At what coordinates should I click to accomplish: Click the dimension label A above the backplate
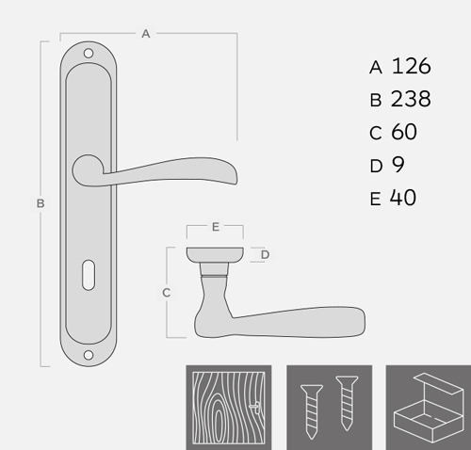[146, 34]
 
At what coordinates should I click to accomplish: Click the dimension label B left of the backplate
[41, 203]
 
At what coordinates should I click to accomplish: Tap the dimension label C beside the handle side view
[167, 293]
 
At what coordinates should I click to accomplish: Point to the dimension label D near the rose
[266, 254]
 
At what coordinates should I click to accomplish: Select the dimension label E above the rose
[216, 227]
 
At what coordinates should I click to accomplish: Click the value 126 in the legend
[412, 66]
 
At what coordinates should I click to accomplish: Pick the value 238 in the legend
[411, 99]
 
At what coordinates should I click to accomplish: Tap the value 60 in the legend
[404, 132]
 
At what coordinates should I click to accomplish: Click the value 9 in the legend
[398, 164]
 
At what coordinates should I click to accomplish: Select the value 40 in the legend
[403, 198]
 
